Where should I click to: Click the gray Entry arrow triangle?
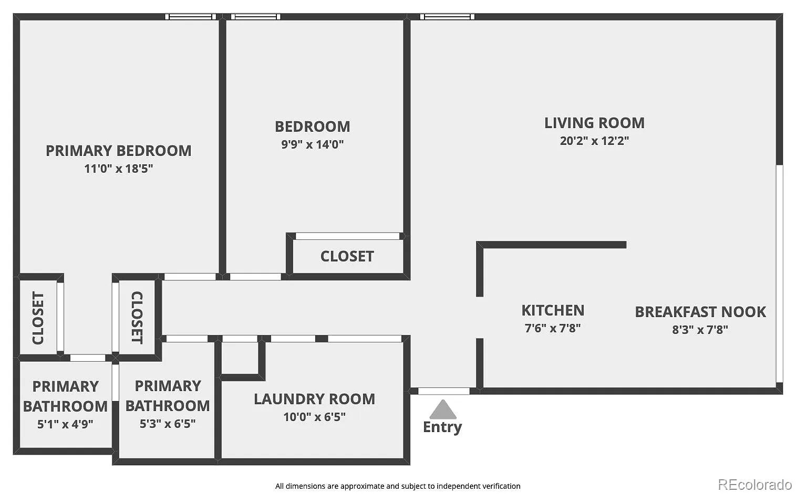[x=443, y=410]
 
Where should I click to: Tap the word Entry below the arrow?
[x=442, y=427]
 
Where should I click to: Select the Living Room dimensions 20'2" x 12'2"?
[x=595, y=141]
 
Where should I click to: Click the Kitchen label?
[x=553, y=310]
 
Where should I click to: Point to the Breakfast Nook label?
[x=700, y=312]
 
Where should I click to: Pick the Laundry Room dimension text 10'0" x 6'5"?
[x=315, y=417]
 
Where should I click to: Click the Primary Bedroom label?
[x=119, y=151]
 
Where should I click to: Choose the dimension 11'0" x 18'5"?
[x=119, y=169]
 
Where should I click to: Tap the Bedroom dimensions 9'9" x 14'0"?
[x=313, y=144]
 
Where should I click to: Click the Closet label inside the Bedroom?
[x=347, y=256]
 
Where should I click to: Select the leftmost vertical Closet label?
[x=38, y=318]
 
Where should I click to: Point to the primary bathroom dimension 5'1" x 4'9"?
[x=65, y=424]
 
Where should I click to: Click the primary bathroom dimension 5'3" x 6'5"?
[x=168, y=424]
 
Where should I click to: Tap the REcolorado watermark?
[x=755, y=485]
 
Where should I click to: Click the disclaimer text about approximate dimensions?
[x=398, y=486]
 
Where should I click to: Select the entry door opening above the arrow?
[x=444, y=391]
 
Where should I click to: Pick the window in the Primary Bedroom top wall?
[x=191, y=17]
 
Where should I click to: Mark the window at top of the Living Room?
[x=447, y=17]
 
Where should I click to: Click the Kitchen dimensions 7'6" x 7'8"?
[x=553, y=328]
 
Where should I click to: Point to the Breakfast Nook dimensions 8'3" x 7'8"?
[x=700, y=330]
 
